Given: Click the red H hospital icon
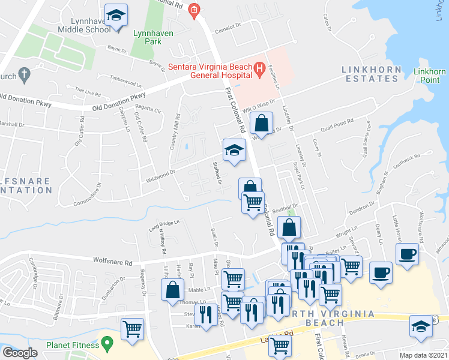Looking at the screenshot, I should tap(259, 71).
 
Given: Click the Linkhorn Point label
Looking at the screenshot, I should tap(430, 76).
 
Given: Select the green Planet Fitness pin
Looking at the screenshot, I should tap(107, 344).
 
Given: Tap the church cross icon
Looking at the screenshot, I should tap(24, 75).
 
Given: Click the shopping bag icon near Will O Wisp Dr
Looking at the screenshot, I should tap(262, 125).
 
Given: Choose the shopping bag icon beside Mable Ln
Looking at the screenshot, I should tap(173, 289).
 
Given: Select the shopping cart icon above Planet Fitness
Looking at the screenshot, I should tap(132, 328).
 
